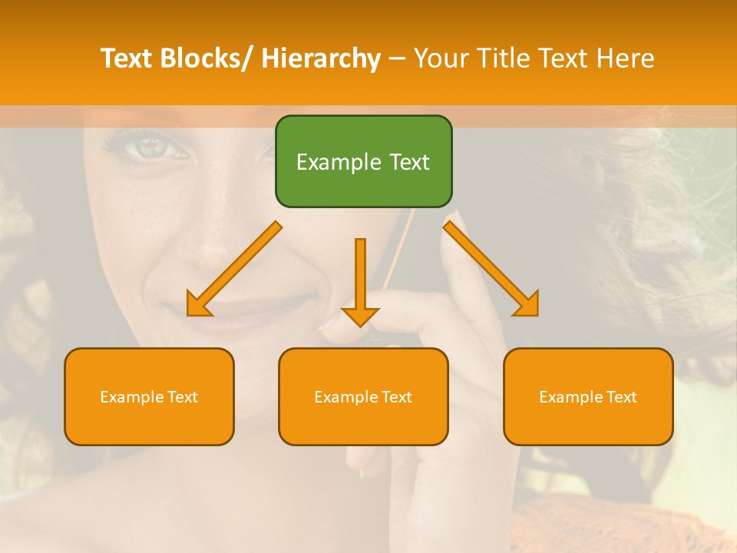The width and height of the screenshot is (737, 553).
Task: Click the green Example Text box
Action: point(363,161)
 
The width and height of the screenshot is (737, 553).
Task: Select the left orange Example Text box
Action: point(149,396)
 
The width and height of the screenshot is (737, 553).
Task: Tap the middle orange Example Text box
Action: point(363,396)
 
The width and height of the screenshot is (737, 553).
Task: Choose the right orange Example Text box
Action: point(588,396)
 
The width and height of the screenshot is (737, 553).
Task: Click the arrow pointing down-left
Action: point(233,270)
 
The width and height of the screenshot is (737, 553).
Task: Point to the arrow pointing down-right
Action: point(492,270)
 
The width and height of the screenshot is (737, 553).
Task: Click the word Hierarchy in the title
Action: point(321,58)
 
